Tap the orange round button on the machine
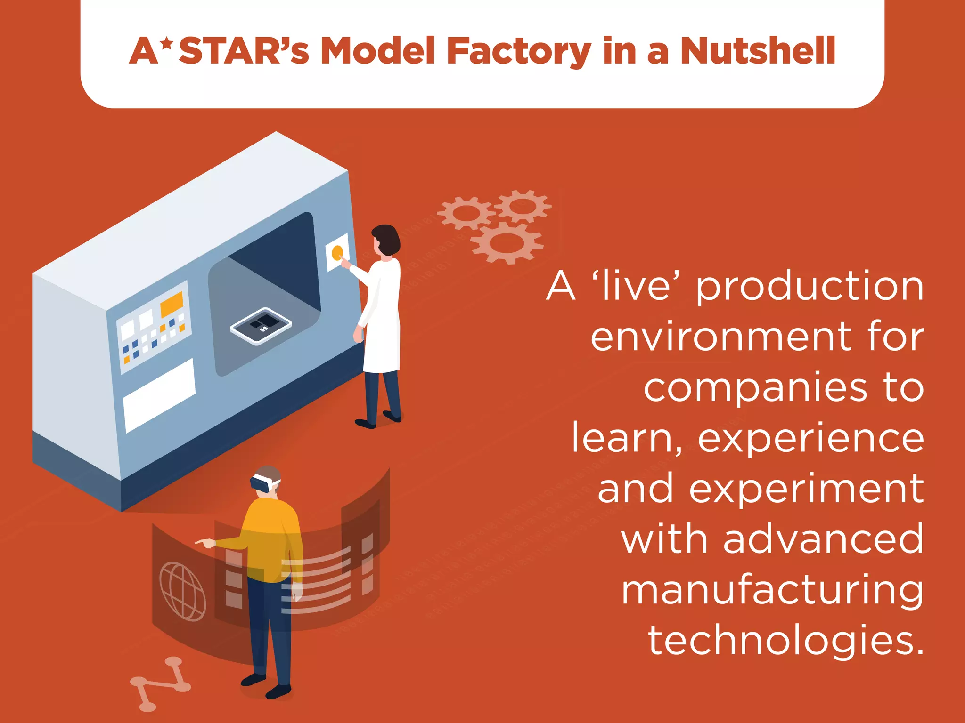pyautogui.click(x=337, y=253)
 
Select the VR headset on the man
pyautogui.click(x=264, y=483)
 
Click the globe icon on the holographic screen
pyautogui.click(x=183, y=591)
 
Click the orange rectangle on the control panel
pyautogui.click(x=172, y=304)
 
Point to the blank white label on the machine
pyautogui.click(x=159, y=395)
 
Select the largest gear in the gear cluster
pyautogui.click(x=507, y=243)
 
